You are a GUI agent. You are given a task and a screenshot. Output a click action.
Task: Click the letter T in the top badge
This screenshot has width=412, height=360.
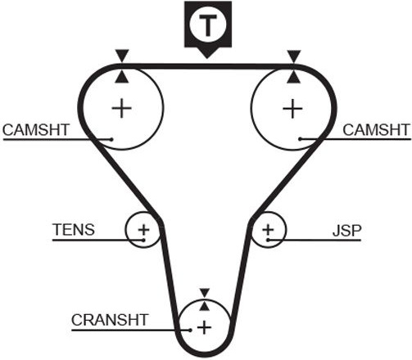tap(208, 25)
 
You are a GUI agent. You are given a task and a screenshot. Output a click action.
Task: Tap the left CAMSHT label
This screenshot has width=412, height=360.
tap(36, 130)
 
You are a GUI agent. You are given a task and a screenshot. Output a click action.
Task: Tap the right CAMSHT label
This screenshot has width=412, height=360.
tap(376, 130)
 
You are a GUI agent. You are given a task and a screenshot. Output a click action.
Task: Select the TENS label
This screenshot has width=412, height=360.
tap(74, 230)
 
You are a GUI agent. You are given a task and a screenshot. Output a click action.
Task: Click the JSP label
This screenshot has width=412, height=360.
tap(346, 231)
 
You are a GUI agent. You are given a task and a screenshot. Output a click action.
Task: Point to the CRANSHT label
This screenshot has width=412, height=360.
tap(110, 320)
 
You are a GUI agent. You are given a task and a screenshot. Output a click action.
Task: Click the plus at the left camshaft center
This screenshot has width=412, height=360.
tap(122, 108)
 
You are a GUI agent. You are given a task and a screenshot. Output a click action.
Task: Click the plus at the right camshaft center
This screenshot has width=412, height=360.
tap(292, 109)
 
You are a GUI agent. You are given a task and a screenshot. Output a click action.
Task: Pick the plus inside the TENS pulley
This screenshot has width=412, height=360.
tap(143, 230)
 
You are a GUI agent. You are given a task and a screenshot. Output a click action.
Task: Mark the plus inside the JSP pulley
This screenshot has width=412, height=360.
tap(268, 230)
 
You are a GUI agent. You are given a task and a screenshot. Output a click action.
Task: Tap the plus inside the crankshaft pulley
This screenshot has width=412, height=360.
tap(204, 327)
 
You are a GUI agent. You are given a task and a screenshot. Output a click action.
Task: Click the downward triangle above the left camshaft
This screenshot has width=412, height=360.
tap(122, 56)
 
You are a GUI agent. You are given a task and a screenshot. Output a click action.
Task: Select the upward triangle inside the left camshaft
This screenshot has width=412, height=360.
tap(122, 77)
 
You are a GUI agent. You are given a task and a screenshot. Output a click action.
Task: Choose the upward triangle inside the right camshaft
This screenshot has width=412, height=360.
tap(294, 77)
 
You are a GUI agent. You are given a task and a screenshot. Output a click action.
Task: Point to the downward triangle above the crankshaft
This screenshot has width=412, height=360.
tap(205, 293)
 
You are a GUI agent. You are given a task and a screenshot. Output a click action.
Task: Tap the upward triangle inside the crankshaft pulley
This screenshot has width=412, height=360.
tap(205, 306)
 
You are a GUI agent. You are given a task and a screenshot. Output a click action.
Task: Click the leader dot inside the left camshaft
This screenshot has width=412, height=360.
tap(111, 139)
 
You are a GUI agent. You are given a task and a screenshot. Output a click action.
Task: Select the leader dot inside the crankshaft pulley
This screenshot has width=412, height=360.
tap(190, 331)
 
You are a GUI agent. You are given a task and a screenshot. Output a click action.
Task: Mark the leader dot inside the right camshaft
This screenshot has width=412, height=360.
tap(300, 139)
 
